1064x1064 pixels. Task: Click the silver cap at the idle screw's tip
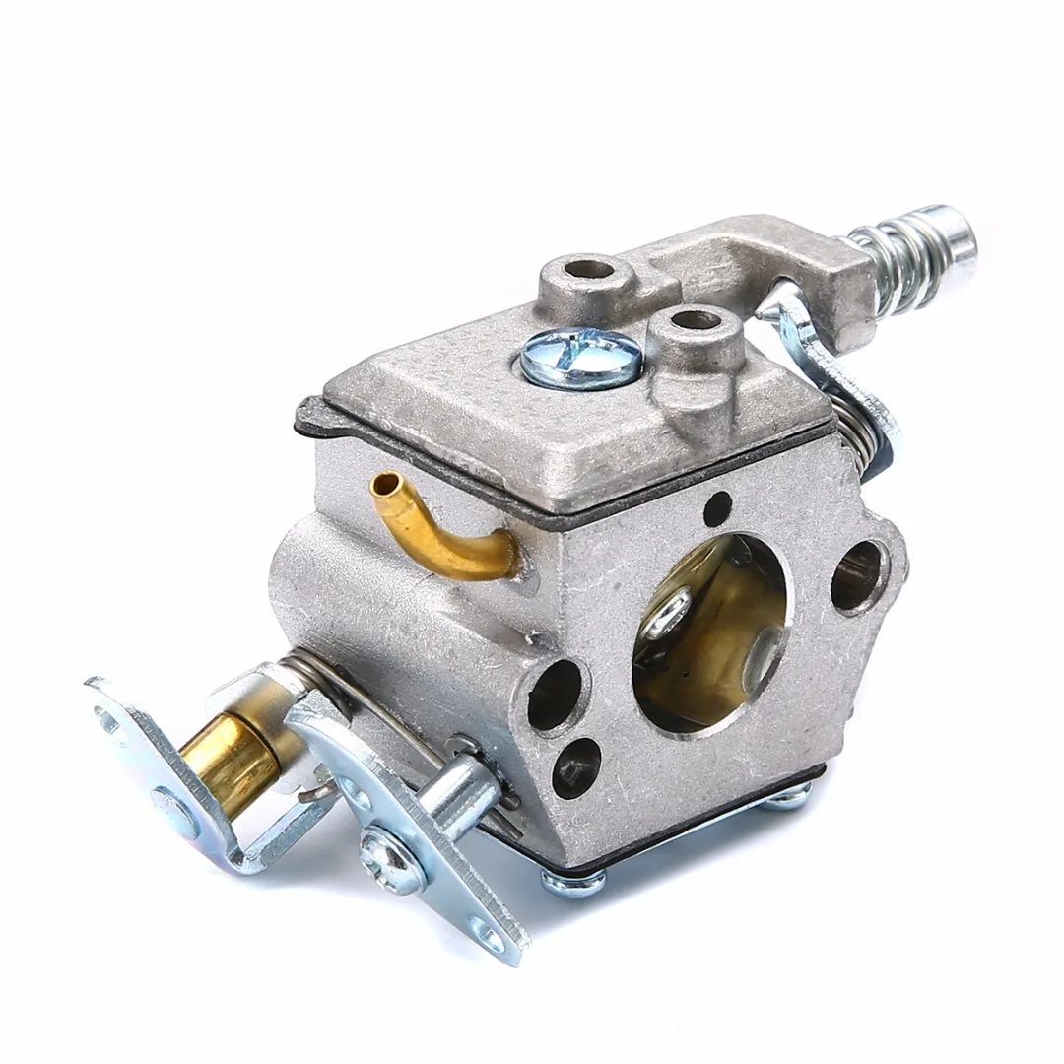tap(951, 228)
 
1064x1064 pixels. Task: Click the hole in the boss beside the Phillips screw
tap(695, 321)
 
